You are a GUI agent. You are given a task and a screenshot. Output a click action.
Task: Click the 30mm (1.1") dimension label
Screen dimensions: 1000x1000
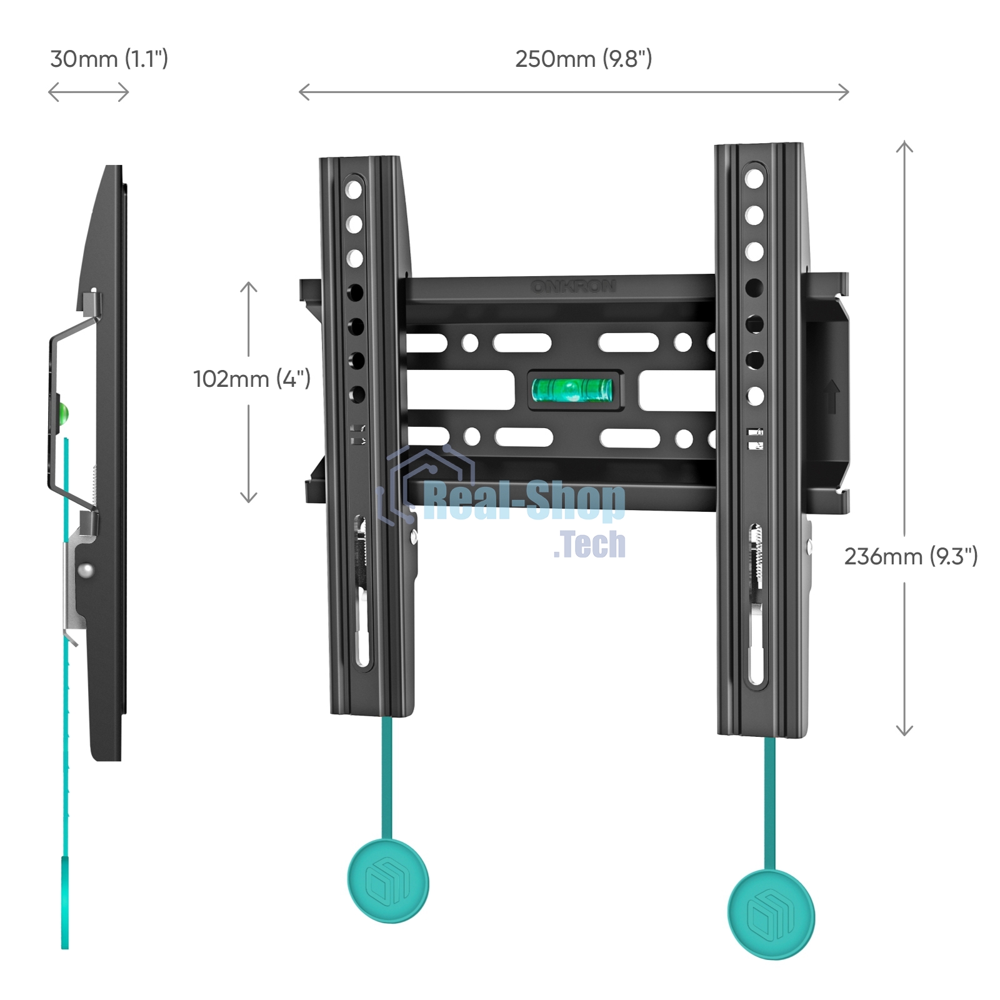point(109,59)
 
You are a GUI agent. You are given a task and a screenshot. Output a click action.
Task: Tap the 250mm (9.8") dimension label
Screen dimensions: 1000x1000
point(583,59)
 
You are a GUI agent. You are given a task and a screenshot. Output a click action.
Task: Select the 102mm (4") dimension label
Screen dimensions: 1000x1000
point(251,379)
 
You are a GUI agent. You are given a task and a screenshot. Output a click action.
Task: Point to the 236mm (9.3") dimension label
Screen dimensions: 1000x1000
point(911,556)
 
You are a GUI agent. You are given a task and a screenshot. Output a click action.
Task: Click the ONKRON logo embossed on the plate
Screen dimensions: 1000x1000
point(573,286)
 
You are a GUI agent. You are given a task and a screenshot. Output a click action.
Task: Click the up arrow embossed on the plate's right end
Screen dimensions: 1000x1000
point(831,396)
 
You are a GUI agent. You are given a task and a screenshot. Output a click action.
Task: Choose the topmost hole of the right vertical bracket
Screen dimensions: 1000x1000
point(754,179)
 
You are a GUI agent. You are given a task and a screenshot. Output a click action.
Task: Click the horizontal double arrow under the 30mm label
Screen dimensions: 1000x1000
point(89,92)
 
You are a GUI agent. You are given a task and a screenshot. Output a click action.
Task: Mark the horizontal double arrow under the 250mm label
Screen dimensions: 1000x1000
point(574,92)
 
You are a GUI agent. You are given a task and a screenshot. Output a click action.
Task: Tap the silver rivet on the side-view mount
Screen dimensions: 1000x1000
point(86,570)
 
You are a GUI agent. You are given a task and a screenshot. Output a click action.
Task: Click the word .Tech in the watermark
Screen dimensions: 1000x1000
point(589,544)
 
